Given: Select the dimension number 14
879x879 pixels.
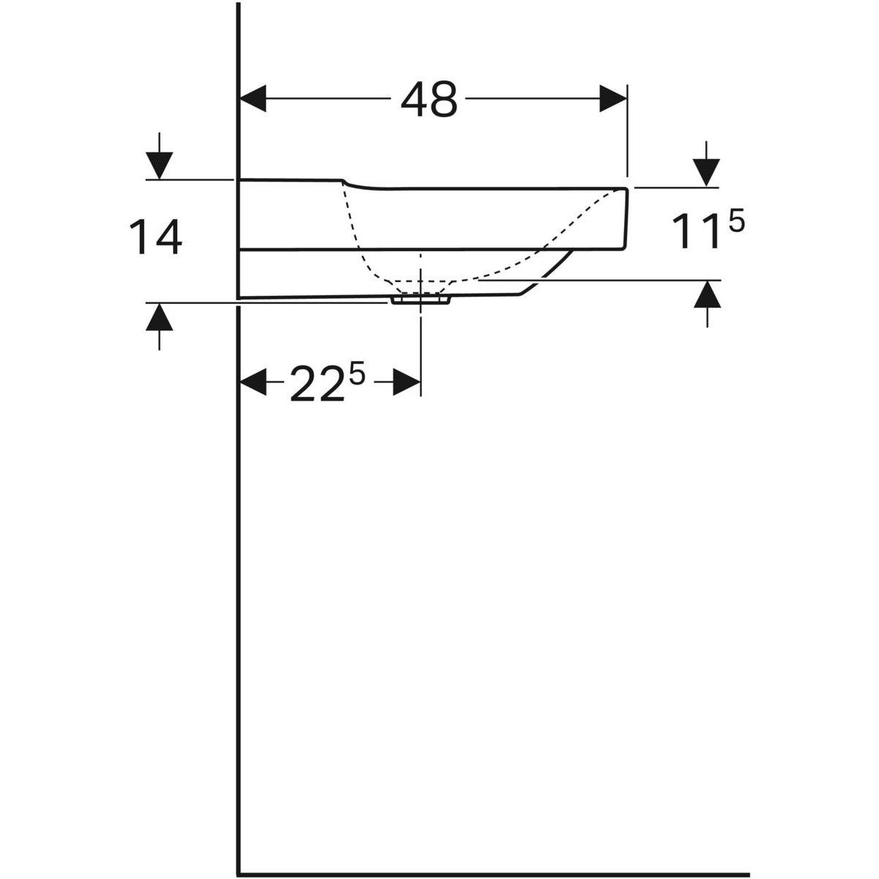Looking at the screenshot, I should (155, 238).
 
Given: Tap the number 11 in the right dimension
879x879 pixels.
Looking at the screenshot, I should (694, 233).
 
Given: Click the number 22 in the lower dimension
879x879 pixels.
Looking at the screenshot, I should (316, 385).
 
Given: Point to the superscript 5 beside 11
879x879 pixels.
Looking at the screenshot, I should (736, 223).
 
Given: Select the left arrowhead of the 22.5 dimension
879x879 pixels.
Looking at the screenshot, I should (253, 382).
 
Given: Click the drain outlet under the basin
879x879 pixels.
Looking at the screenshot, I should (420, 300).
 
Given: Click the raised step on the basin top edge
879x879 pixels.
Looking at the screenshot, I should (344, 181).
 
